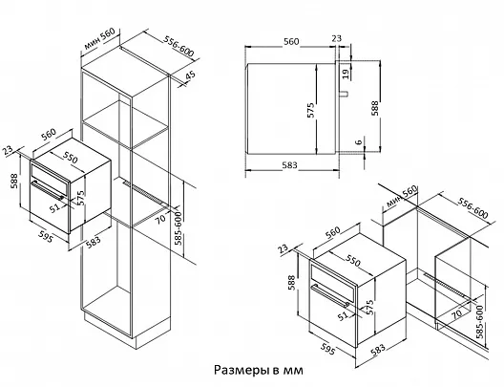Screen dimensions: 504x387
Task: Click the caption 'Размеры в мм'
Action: pos(259,370)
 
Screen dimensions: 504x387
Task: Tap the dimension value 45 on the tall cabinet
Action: pos(190,75)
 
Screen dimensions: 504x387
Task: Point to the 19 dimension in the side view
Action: pos(346,74)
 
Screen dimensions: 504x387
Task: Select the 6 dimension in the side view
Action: pos(359,140)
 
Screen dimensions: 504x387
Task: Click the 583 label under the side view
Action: pos(289,165)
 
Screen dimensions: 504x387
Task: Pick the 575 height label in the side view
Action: pos(310,110)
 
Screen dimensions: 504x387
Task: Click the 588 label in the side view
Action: pos(375,108)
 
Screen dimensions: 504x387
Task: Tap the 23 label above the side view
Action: pos(336,38)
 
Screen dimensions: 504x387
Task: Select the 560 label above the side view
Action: pos(291,41)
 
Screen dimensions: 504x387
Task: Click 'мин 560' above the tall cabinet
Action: pos(99,39)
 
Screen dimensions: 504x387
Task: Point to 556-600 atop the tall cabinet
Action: pos(178,46)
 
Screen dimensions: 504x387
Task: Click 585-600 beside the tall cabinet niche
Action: pos(178,228)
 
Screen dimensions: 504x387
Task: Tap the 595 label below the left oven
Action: pos(45,236)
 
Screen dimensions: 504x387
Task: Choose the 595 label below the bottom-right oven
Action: pos(327,350)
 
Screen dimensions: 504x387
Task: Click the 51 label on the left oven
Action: pos(54,207)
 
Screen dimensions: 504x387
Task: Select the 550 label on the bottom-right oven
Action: pos(353,261)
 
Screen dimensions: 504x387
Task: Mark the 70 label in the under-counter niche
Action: pos(456,313)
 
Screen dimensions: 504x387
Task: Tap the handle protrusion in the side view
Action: pos(344,94)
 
